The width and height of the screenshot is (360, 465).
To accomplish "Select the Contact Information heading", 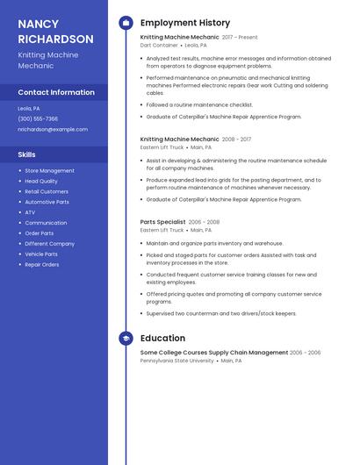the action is [x=56, y=92].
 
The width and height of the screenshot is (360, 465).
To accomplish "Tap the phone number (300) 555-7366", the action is [x=38, y=118].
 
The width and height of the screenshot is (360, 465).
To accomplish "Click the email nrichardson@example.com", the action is [x=53, y=129].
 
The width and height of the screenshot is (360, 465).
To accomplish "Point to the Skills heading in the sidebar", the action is [x=26, y=154].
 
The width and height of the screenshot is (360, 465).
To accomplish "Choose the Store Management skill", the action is [x=49, y=171].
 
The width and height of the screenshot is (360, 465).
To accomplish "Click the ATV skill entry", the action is [x=30, y=212].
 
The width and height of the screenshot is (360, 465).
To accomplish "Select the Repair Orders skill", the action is [x=41, y=264].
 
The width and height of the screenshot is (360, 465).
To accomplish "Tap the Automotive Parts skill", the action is [x=47, y=202].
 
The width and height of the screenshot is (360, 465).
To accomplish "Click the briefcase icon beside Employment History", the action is [x=126, y=23].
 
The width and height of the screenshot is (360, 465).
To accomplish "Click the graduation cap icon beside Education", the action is [x=126, y=338].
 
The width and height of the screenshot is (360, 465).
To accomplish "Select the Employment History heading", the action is [x=184, y=23].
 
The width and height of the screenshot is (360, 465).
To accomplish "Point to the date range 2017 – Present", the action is [x=240, y=38].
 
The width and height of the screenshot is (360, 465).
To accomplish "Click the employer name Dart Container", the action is [x=159, y=45].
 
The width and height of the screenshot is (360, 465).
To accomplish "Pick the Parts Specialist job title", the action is [x=162, y=222].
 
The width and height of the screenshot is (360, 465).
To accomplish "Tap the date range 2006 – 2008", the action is [x=204, y=222].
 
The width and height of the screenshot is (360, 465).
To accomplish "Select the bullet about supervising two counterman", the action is [x=221, y=313].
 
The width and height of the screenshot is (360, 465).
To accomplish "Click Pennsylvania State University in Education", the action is [x=176, y=360].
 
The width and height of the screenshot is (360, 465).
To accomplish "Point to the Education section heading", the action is [x=162, y=338].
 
